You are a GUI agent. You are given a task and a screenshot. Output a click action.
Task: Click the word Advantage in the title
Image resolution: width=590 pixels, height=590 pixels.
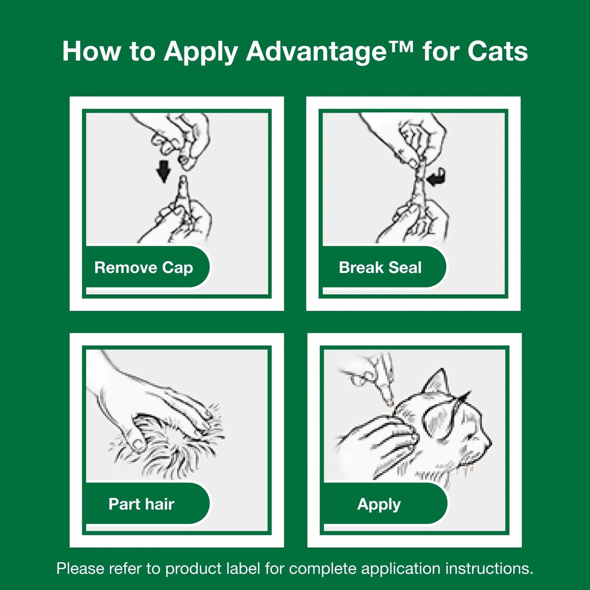pos(316,52)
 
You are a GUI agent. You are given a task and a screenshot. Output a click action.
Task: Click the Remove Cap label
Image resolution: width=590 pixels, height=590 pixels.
pos(143,268)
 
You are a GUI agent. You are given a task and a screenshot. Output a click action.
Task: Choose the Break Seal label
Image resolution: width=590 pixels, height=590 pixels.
pos(380,268)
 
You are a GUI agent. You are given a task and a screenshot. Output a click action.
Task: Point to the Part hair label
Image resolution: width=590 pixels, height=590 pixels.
pos(141,504)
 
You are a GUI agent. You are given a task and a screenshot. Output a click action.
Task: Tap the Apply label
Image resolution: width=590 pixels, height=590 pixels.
pos(379,504)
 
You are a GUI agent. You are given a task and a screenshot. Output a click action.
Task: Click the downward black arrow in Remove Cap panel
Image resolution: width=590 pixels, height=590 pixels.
pos(164,171)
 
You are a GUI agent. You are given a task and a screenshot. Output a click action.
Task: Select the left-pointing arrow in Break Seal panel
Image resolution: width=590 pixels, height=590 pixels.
pos(436,177)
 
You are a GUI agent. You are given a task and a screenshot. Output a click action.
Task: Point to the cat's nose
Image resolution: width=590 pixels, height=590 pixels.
pos(488,443)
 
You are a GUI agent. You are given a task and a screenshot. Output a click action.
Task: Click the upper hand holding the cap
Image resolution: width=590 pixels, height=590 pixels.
pos(184,137)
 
